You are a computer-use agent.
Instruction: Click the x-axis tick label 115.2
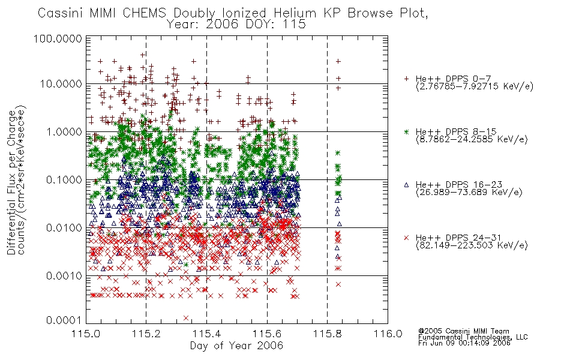tap(146, 334)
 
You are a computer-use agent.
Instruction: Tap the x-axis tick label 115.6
tap(267, 334)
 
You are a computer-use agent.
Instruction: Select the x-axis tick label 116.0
tap(388, 334)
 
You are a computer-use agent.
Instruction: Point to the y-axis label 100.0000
tap(58, 38)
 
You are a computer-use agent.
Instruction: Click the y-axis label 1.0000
tap(64, 131)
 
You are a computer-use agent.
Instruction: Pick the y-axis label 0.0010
tap(64, 276)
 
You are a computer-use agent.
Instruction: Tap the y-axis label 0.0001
tap(64, 320)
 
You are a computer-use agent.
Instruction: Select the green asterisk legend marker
tap(406, 131)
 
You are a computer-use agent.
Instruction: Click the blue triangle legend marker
tap(406, 185)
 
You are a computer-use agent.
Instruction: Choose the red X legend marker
tap(406, 238)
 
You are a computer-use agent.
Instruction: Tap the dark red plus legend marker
tap(406, 79)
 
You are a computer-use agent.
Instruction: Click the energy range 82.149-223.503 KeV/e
tap(472, 245)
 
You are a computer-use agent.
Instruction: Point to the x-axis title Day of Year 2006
tap(236, 346)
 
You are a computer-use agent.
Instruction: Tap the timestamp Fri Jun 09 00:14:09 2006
tap(464, 343)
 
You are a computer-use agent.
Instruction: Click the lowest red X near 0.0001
tap(186, 318)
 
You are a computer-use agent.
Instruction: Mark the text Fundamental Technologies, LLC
tap(473, 337)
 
